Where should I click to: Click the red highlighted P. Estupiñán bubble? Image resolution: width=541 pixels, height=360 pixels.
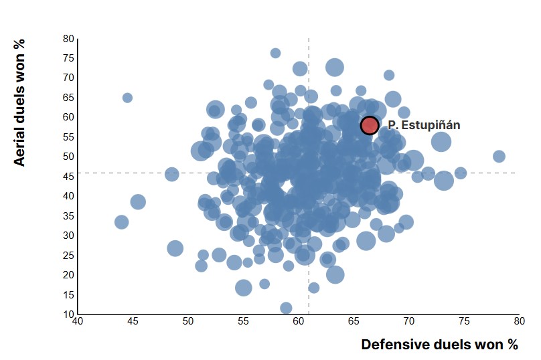pyautogui.click(x=370, y=125)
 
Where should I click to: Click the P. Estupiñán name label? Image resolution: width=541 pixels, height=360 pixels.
pyautogui.click(x=424, y=125)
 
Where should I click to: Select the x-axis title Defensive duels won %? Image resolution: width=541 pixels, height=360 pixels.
pyautogui.click(x=439, y=345)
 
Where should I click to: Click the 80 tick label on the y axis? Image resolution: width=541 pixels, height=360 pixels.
pyautogui.click(x=68, y=39)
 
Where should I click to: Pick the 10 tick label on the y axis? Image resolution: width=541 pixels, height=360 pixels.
pyautogui.click(x=68, y=314)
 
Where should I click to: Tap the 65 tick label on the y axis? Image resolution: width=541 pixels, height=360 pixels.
pyautogui.click(x=68, y=98)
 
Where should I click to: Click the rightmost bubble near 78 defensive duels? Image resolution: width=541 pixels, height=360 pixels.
pyautogui.click(x=499, y=157)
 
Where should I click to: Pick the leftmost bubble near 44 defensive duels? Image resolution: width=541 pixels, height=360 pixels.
pyautogui.click(x=121, y=222)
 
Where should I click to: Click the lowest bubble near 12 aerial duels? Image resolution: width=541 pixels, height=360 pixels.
pyautogui.click(x=286, y=308)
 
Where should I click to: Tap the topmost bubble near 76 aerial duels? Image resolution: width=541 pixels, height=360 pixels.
pyautogui.click(x=275, y=53)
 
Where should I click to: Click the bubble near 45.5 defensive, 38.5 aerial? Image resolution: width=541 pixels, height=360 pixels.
pyautogui.click(x=138, y=201)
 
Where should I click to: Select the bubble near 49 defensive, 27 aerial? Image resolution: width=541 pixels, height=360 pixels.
pyautogui.click(x=175, y=248)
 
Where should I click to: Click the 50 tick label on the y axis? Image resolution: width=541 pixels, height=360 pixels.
pyautogui.click(x=68, y=157)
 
